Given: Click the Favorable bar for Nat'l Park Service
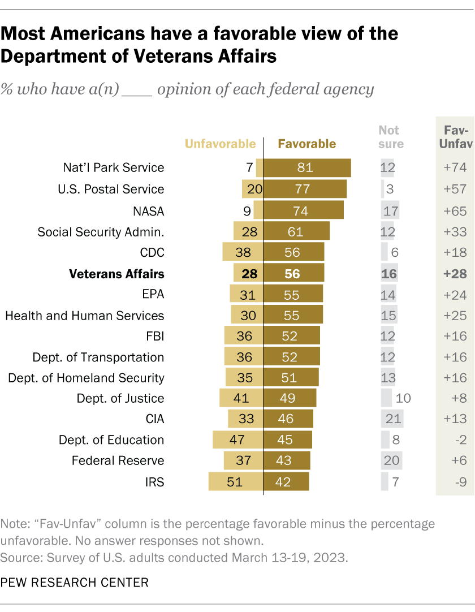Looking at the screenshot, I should tap(307, 168).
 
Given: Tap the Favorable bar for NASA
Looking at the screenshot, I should tap(304, 210).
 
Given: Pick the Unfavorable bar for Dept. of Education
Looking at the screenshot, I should tap(238, 440).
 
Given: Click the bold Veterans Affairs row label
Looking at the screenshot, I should tap(116, 274).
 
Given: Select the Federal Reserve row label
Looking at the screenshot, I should tap(118, 461).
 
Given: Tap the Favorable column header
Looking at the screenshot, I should tap(306, 144).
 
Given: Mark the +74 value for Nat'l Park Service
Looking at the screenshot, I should tap(455, 168).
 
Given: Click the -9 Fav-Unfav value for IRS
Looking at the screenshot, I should tap(455, 482).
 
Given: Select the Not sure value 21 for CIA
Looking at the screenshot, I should tap(392, 419).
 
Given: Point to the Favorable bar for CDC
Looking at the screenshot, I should tap(294, 252).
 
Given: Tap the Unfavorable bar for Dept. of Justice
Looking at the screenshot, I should tap(241, 398).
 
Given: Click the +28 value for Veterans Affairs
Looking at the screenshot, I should tap(455, 274).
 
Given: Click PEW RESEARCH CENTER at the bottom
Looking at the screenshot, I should tap(75, 581).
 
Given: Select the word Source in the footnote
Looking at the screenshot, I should tap(18, 557).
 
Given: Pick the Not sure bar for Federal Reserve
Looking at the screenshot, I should tap(392, 461).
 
